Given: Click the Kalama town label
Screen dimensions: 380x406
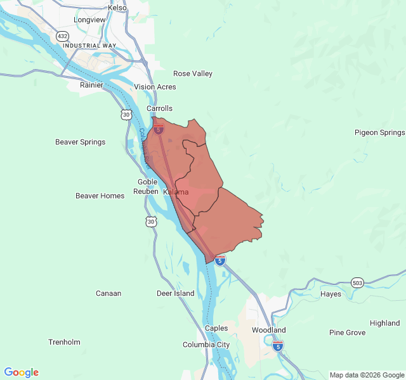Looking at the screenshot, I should point(176,192).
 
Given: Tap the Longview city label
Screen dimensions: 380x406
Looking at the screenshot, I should point(89,20).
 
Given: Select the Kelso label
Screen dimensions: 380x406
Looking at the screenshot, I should point(117,8).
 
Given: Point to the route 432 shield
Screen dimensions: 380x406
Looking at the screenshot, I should point(62,36).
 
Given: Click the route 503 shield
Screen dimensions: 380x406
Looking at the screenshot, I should point(357,282).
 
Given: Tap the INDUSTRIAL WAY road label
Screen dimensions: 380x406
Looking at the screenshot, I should point(89,46).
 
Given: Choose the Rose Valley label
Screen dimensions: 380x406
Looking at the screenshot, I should point(193,73).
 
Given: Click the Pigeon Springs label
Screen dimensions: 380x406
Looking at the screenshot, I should point(379,132).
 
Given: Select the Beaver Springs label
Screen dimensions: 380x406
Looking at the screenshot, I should point(81,142).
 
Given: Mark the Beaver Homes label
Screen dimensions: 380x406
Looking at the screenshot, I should point(100,196).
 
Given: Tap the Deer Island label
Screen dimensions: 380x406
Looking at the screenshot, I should point(176,293).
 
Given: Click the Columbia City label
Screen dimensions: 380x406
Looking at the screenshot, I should point(206,345).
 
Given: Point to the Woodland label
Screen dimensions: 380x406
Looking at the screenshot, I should point(268,330).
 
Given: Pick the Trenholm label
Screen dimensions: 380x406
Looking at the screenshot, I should point(64,342).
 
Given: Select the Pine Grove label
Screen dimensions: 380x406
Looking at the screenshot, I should point(347,332).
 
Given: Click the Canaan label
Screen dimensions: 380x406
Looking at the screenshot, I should point(108,293).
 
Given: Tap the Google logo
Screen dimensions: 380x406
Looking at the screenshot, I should point(21,372).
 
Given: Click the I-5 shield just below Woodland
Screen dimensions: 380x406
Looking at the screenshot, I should point(278,345).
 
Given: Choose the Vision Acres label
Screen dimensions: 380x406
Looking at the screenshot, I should point(155,87).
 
